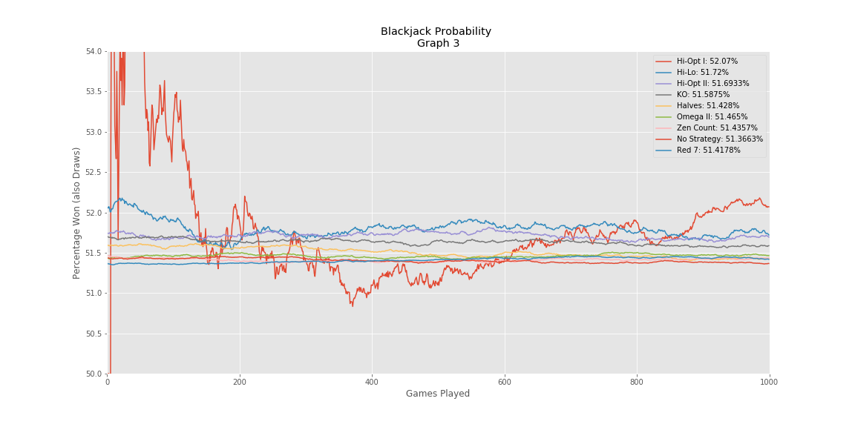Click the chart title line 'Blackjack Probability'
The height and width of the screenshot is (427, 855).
436,32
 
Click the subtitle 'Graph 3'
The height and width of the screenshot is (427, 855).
438,44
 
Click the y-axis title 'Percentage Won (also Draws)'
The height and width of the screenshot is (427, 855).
77,213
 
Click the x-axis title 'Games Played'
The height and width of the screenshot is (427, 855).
438,394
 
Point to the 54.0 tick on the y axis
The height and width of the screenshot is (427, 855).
95,51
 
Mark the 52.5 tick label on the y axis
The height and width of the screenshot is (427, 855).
95,172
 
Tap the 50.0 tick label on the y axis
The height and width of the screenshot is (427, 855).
95,374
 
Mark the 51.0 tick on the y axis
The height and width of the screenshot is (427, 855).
95,293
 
